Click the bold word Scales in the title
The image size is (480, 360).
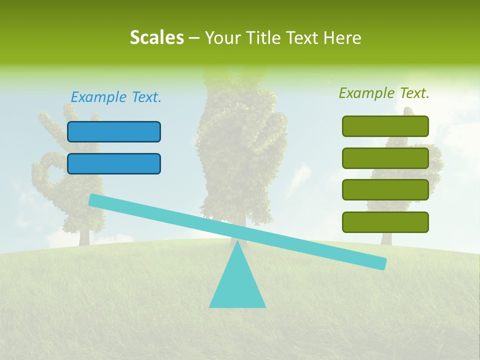156,37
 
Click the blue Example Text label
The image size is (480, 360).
116,97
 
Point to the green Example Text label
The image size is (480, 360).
384,93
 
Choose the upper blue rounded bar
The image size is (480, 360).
114,131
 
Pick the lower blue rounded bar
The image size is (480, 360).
114,163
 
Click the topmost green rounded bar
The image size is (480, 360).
385,126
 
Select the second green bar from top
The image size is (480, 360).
385,158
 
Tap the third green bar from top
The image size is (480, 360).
385,190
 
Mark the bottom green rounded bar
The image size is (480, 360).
385,222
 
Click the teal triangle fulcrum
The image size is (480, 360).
237,285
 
